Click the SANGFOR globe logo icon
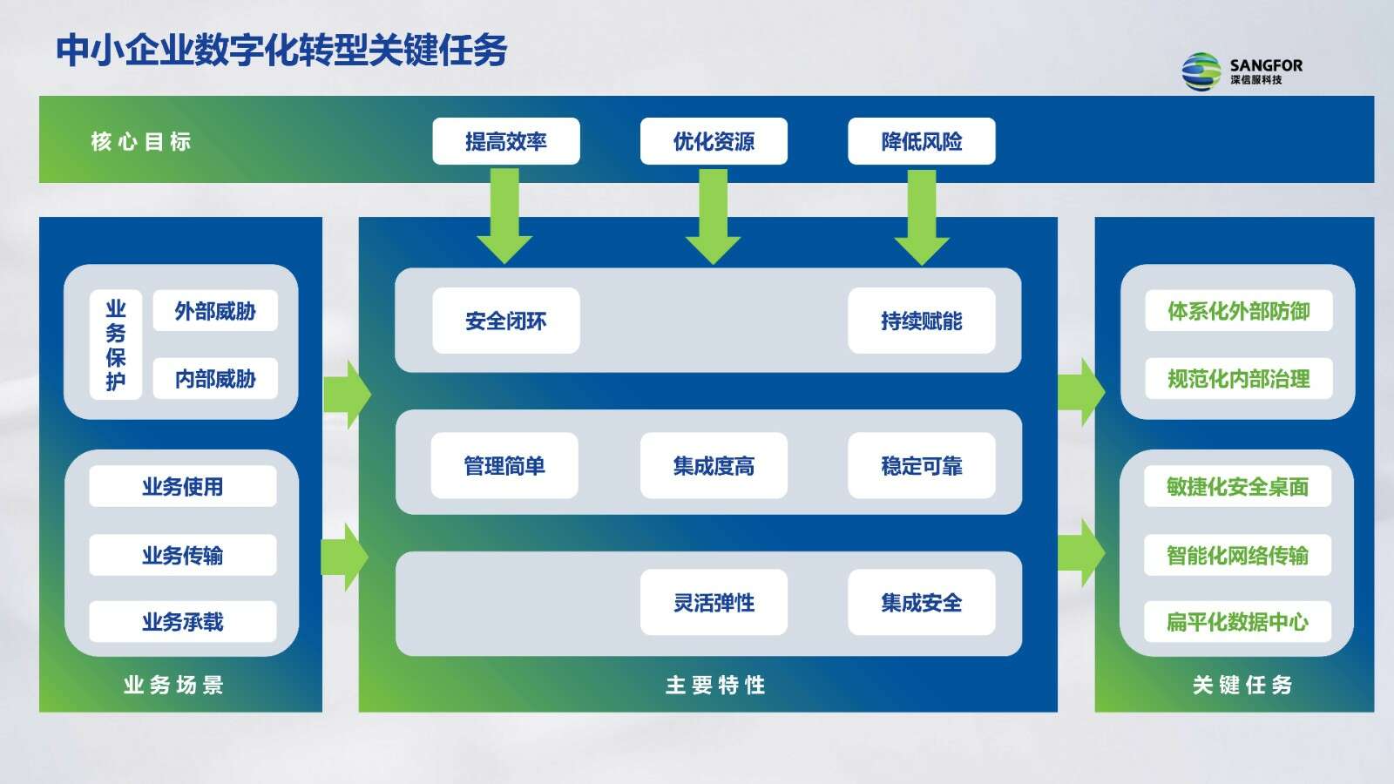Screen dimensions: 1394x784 pos(1201,71)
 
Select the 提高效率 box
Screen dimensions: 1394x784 pos(506,141)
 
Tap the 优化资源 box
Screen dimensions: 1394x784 pos(714,141)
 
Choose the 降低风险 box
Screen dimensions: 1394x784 pos(922,141)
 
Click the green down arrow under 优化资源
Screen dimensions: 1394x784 pos(714,217)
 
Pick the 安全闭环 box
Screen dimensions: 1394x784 pos(506,321)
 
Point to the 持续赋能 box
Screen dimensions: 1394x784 pos(922,321)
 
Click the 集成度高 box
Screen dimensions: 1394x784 pos(714,465)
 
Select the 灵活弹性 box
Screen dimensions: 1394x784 pos(714,602)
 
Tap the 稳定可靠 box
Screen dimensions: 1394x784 pos(922,465)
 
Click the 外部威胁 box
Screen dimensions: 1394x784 pos(215,310)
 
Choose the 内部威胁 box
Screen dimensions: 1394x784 pos(215,378)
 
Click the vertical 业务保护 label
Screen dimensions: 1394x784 pos(116,345)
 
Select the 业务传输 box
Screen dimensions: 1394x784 pos(183,554)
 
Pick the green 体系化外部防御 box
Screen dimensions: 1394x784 pos(1239,310)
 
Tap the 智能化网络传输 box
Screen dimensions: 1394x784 pos(1238,554)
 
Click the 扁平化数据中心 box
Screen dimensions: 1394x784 pos(1238,622)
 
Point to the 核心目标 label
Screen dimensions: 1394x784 pos(141,141)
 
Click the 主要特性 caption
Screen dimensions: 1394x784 pos(715,685)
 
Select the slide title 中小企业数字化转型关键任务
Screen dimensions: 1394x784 pos(282,50)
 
